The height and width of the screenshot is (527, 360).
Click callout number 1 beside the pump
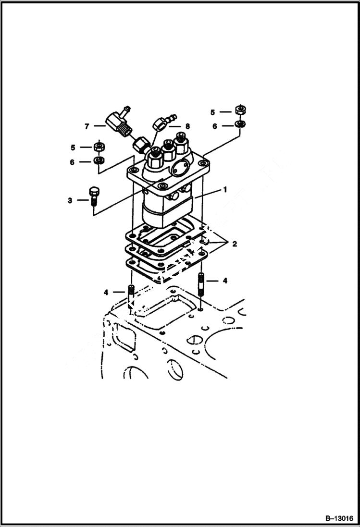(224, 190)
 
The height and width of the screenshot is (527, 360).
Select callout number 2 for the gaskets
(235, 244)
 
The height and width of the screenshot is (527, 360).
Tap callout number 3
(70, 200)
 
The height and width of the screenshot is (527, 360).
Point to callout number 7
(87, 126)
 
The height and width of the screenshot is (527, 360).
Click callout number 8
(187, 126)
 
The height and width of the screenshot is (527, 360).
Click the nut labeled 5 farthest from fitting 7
(239, 110)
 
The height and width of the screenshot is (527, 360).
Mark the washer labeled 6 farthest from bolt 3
(239, 125)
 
